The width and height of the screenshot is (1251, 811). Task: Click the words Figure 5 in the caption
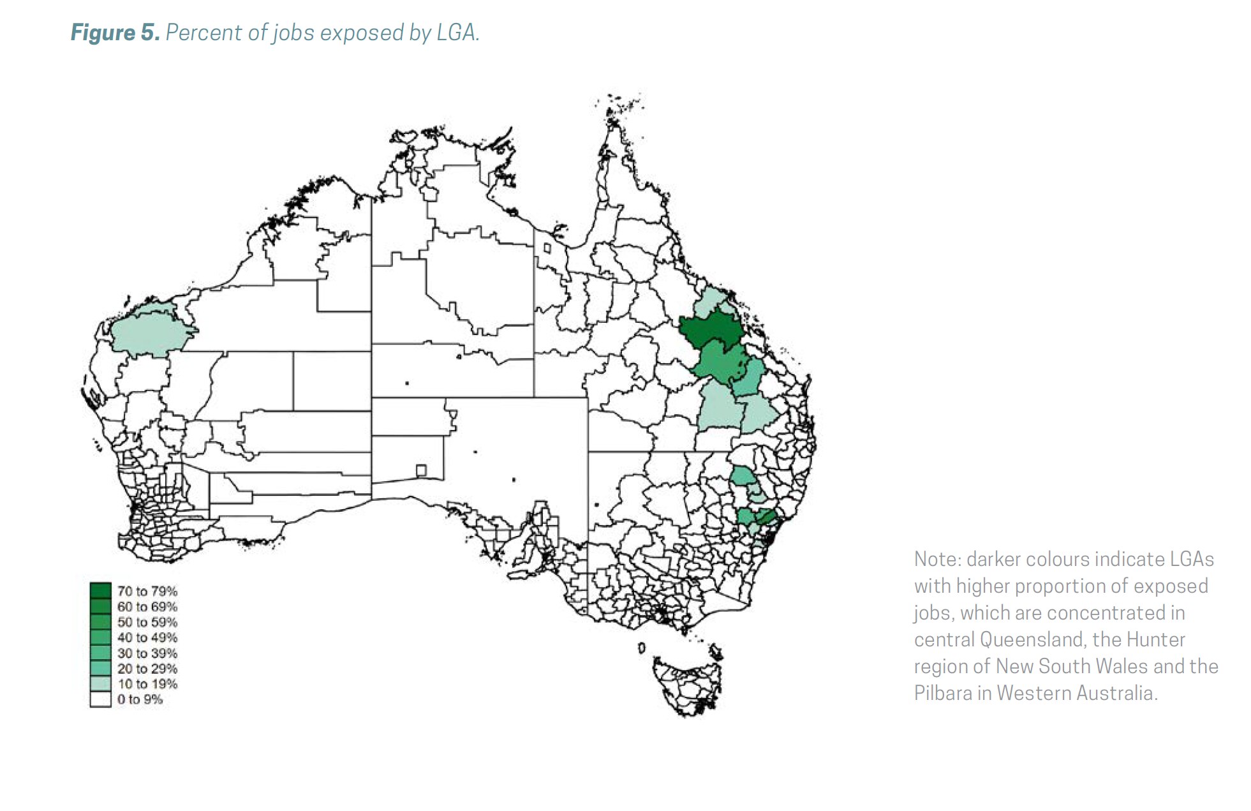pyautogui.click(x=114, y=33)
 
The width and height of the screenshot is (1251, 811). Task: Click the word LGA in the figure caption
pyautogui.click(x=456, y=33)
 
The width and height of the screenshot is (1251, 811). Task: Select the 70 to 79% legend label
pyautogui.click(x=147, y=592)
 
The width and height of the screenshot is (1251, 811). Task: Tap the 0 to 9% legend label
pyautogui.click(x=140, y=699)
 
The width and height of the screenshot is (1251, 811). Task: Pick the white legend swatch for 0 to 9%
pyautogui.click(x=100, y=699)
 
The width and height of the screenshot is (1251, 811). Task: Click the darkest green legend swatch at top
pyautogui.click(x=100, y=590)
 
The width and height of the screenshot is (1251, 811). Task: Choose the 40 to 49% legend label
pyautogui.click(x=147, y=637)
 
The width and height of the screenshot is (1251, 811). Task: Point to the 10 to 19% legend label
pyautogui.click(x=147, y=684)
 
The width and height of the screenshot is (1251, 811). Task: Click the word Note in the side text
pyautogui.click(x=936, y=559)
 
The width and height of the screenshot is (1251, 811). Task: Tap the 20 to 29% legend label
pyautogui.click(x=147, y=669)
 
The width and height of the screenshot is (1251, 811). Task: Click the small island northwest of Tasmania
pyautogui.click(x=641, y=648)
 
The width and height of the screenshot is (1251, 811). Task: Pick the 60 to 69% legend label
pyautogui.click(x=147, y=607)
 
